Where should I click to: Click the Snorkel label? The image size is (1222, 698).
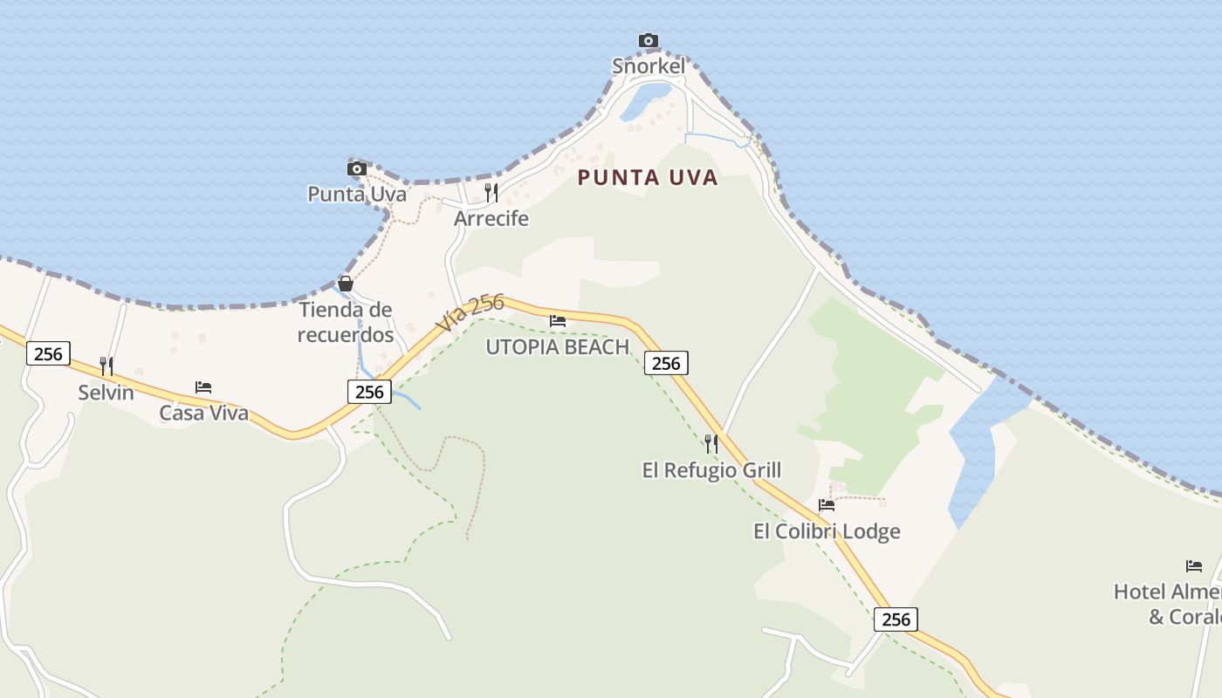(x=648, y=66)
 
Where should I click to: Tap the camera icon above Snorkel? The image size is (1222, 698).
(x=648, y=40)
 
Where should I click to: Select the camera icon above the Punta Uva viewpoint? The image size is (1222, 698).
(x=356, y=168)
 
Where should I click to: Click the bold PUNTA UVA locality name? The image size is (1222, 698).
(x=648, y=178)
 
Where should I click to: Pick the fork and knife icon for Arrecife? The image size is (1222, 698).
(x=491, y=192)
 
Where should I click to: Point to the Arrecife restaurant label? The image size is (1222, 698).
(x=491, y=218)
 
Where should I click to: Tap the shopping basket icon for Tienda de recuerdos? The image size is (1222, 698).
(x=346, y=284)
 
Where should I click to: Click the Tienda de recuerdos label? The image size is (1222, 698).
(x=346, y=322)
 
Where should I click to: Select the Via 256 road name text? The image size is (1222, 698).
(x=470, y=312)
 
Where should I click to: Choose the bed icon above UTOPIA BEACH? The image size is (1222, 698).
(x=558, y=321)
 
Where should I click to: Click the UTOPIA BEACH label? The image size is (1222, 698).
(x=558, y=347)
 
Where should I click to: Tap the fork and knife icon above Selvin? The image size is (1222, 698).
(x=106, y=366)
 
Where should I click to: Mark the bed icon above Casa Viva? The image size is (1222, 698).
(x=203, y=387)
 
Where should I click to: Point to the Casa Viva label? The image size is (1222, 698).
(x=203, y=413)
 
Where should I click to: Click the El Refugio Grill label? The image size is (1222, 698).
(x=711, y=471)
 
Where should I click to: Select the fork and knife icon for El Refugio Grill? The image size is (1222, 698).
(x=711, y=444)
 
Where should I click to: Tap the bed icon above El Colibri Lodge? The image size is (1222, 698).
(x=827, y=505)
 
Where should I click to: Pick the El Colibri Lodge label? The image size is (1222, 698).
(x=827, y=531)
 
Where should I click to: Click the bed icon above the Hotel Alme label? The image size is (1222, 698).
(x=1194, y=566)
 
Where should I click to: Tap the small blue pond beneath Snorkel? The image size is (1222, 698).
(x=646, y=100)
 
